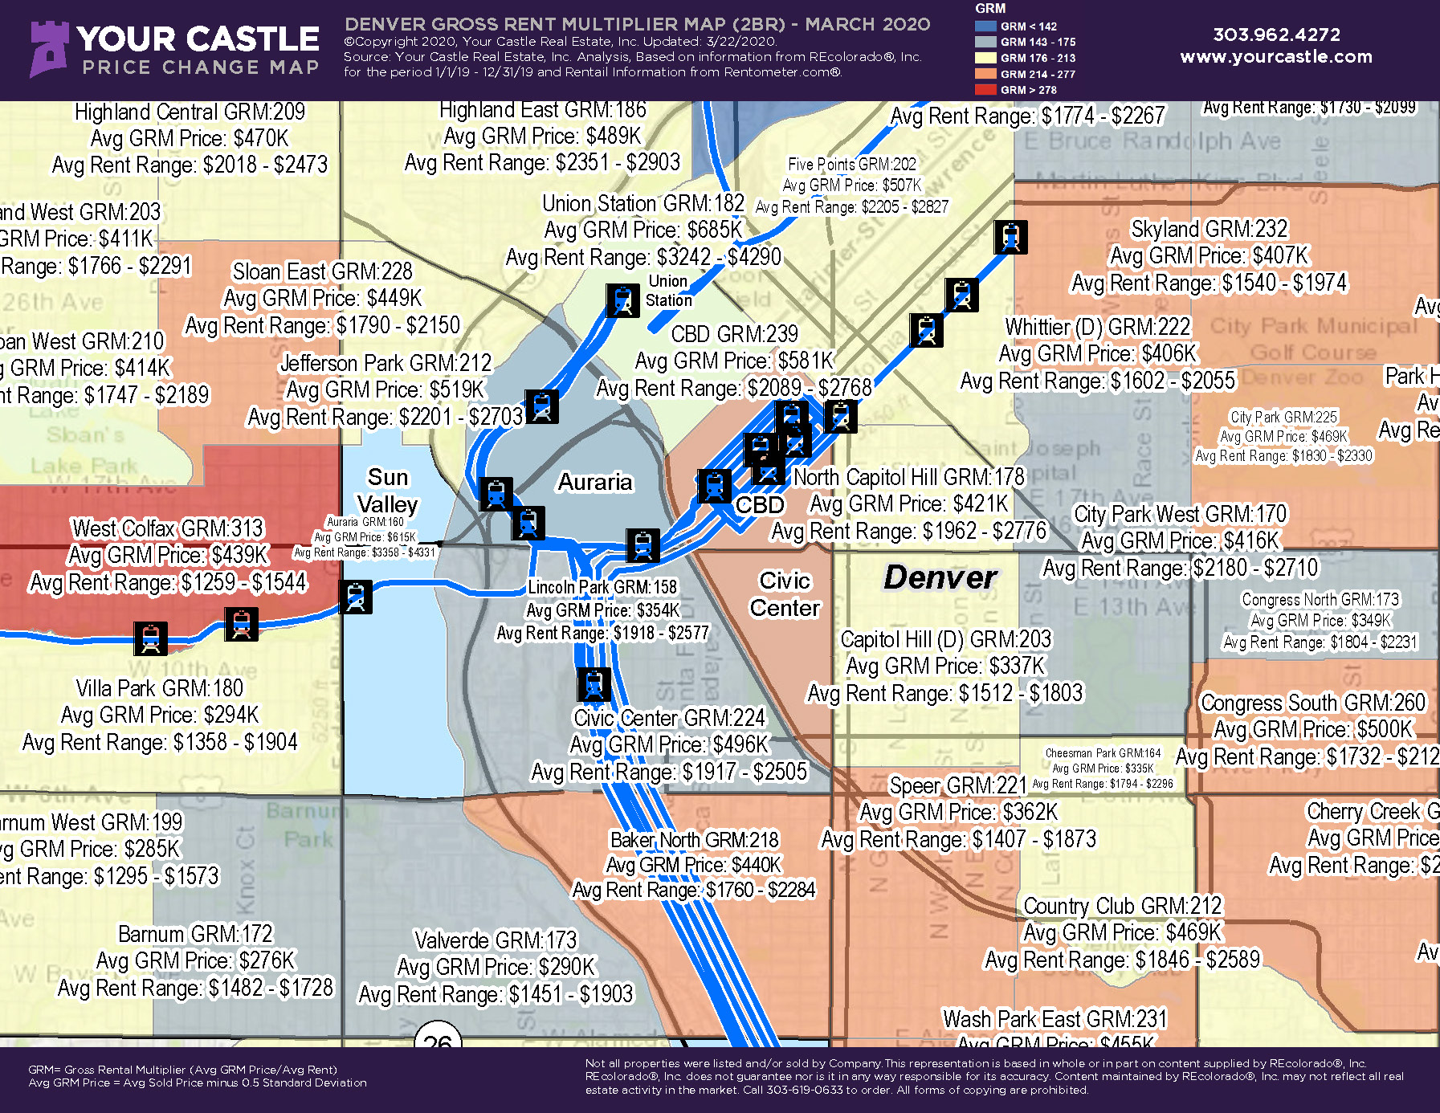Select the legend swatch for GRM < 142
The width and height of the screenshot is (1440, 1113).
[985, 26]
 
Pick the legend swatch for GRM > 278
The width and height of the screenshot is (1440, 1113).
[985, 90]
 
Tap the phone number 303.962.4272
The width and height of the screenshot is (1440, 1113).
[1276, 35]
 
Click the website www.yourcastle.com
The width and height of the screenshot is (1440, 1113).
[1276, 57]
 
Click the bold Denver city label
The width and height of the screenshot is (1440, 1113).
[940, 577]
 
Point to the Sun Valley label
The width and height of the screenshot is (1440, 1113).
[388, 491]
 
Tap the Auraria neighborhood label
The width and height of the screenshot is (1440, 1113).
[595, 482]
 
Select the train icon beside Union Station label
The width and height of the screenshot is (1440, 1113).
[622, 300]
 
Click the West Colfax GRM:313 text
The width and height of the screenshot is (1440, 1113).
[168, 528]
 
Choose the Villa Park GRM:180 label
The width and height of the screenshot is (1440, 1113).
[159, 688]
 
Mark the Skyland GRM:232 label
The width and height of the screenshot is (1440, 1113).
[1209, 229]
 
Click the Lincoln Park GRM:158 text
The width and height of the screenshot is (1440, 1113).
[602, 587]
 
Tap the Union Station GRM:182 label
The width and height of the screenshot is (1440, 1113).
[643, 203]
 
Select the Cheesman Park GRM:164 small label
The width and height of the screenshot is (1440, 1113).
[1103, 753]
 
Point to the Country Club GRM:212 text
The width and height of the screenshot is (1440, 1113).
[1122, 906]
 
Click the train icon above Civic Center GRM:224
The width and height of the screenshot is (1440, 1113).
[594, 685]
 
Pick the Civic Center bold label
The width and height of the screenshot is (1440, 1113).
[785, 594]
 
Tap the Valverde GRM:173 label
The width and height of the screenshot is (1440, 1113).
[496, 940]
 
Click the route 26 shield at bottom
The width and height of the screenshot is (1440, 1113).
[438, 1038]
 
